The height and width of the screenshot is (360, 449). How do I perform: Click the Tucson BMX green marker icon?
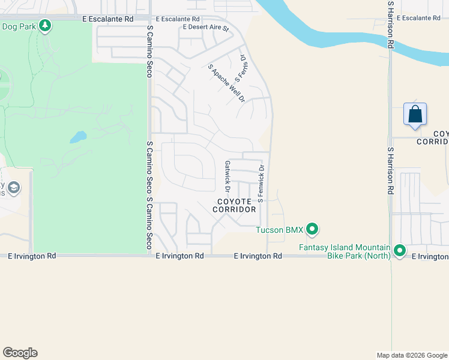pyautogui.click(x=312, y=229)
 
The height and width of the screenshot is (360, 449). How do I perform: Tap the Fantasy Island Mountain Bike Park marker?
pyautogui.click(x=399, y=251)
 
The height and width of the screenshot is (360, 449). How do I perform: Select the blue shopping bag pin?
pyautogui.click(x=415, y=114)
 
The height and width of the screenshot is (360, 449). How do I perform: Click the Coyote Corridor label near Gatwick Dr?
pyautogui.click(x=234, y=205)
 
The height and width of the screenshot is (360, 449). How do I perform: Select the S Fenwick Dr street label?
pyautogui.click(x=261, y=184)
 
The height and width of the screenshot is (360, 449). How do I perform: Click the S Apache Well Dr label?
pyautogui.click(x=226, y=83)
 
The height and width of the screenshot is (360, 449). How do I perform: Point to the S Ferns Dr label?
pyautogui.click(x=241, y=70)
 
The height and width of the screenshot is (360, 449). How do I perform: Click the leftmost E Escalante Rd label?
pyautogui.click(x=108, y=19)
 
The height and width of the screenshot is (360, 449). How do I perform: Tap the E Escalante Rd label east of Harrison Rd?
pyautogui.click(x=422, y=19)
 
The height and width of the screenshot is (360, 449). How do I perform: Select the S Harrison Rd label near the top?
pyautogui.click(x=390, y=24)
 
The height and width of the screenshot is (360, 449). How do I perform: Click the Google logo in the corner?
pyautogui.click(x=20, y=353)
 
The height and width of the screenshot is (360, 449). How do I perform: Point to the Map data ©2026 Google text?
pyautogui.click(x=412, y=355)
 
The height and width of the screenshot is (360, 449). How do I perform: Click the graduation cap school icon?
pyautogui.click(x=14, y=188)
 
